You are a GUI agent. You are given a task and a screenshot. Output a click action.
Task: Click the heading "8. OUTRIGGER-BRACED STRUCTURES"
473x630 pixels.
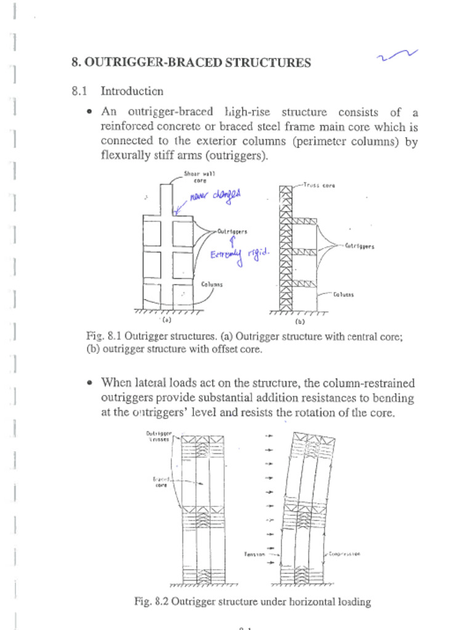191,63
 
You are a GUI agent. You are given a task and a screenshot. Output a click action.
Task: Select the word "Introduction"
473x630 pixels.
132,92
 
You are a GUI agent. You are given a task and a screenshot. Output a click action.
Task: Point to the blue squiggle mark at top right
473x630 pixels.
398,57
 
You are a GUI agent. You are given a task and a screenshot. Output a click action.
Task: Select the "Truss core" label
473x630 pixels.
319,185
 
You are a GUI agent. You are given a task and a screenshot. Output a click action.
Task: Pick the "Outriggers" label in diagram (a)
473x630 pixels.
232,232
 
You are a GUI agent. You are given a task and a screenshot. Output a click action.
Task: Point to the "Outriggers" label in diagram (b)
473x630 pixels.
360,246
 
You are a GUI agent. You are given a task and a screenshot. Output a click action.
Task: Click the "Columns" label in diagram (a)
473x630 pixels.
212,284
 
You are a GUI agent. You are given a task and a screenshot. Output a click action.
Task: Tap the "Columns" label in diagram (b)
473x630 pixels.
344,294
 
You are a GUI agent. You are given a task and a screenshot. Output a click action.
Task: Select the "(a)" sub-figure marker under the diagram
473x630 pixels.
166,320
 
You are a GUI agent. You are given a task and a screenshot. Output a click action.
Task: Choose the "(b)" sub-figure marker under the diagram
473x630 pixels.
300,321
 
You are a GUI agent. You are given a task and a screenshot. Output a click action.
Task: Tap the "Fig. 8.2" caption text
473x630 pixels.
253,602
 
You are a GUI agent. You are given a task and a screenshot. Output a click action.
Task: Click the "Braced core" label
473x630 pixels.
160,481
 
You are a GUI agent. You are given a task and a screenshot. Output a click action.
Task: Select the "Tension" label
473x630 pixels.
255,554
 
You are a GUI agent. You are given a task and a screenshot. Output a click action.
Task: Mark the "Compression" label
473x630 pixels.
344,554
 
